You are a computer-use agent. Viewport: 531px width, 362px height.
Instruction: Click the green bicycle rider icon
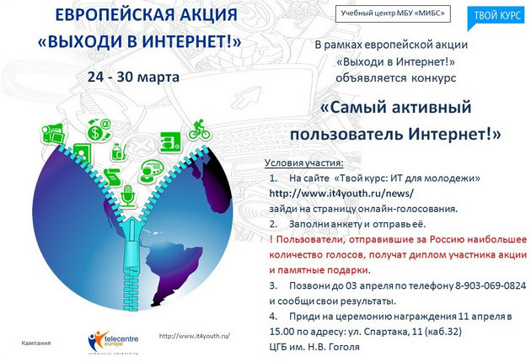pyautogui.click(x=200, y=130)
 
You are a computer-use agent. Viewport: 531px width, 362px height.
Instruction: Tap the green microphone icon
pyautogui.click(x=127, y=195)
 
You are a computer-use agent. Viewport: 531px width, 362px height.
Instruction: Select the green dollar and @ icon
pyautogui.click(x=99, y=130)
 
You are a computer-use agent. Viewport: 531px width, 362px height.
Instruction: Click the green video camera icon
pyautogui.click(x=53, y=133)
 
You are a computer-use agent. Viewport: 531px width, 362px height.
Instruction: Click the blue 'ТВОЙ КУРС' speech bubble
pyautogui.click(x=496, y=17)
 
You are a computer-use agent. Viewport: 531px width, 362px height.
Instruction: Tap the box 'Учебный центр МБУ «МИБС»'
pyautogui.click(x=393, y=13)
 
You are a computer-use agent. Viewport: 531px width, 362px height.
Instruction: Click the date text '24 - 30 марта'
pyautogui.click(x=133, y=77)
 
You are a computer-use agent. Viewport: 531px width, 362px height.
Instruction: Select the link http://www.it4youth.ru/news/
pyautogui.click(x=341, y=193)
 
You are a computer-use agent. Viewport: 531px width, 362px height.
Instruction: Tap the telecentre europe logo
pyautogui.click(x=113, y=341)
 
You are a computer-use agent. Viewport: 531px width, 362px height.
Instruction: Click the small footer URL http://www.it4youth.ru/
pyautogui.click(x=195, y=336)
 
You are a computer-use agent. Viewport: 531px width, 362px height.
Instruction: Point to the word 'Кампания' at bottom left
pyautogui.click(x=36, y=343)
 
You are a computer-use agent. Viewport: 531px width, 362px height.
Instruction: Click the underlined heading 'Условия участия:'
pyautogui.click(x=303, y=162)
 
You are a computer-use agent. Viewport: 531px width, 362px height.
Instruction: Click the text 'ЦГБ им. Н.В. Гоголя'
pyautogui.click(x=314, y=347)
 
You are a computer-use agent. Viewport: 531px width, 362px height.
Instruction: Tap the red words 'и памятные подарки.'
pyautogui.click(x=320, y=270)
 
